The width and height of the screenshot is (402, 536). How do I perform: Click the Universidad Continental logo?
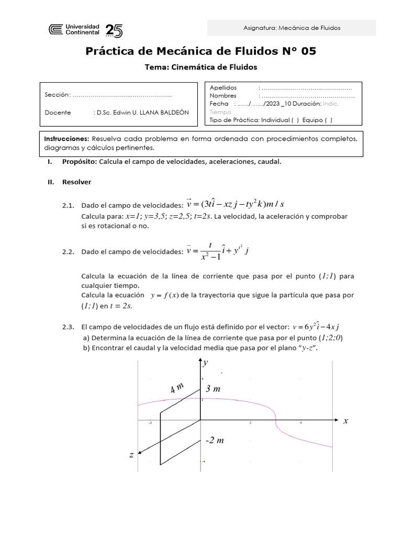(74, 30)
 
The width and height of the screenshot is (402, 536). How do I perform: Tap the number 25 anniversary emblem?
(114, 31)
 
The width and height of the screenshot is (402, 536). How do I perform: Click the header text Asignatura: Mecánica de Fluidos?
(292, 28)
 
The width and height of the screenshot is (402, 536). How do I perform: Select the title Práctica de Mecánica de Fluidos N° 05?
(201, 51)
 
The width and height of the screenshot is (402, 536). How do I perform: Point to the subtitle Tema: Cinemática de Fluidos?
(201, 67)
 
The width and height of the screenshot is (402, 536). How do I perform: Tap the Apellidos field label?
(224, 87)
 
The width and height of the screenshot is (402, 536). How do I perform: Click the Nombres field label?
(223, 96)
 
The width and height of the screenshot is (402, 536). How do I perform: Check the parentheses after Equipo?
(328, 120)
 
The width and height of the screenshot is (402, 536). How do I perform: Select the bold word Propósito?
(79, 162)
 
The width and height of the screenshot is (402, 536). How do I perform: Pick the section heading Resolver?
(76, 182)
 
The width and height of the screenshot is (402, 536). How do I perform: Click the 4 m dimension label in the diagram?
(177, 388)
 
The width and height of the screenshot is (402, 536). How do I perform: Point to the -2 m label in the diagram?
(214, 440)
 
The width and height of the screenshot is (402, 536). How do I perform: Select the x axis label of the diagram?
(345, 421)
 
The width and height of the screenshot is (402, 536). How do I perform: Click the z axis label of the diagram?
(131, 455)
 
